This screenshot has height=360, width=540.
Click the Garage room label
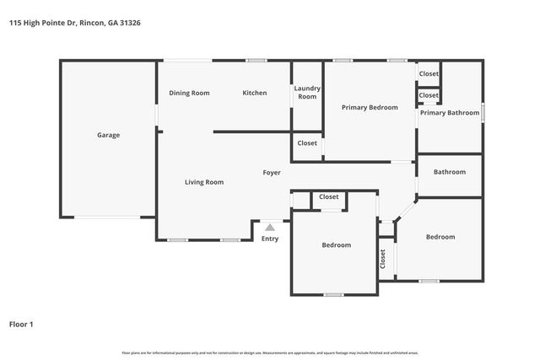pos(108,135)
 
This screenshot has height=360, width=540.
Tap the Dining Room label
pos(189,93)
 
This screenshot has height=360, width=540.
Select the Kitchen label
pos(255,93)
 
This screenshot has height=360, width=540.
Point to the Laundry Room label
pos(307,93)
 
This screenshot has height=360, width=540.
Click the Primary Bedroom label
pos(370,108)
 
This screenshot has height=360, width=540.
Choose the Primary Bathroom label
pos(450,113)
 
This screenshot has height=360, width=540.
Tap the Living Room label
pos(204,182)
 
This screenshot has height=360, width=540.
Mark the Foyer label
pos(271,173)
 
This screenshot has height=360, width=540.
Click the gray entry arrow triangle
pos(269,226)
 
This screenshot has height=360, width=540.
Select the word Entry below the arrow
pos(269,239)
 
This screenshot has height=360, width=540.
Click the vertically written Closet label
pos(382,260)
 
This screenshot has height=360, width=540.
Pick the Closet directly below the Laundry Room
pos(307,143)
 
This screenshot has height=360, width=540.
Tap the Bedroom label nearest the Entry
pos(336,245)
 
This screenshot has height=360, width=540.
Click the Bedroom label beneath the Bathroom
pos(440,238)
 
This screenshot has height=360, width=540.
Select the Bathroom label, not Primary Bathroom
pos(450,172)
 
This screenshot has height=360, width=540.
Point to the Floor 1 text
pos(21,324)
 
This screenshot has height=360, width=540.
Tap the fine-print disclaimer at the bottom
pos(270,352)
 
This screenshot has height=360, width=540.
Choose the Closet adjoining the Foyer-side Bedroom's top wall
pos(329,197)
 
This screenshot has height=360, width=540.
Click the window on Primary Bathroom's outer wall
pos(483,113)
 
